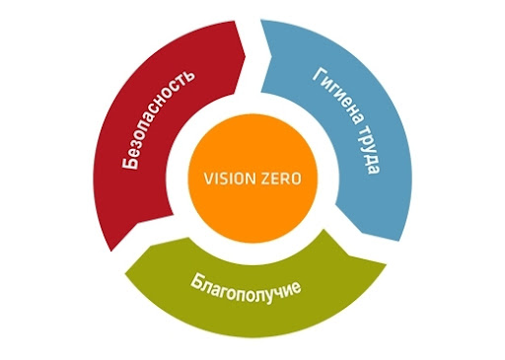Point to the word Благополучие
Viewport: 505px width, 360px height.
246,288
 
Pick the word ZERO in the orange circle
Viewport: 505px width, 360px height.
281,179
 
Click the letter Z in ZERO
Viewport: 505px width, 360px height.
265,179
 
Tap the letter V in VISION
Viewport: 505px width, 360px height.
208,179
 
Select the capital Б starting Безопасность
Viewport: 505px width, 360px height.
129,162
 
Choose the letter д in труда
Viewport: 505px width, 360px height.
371,159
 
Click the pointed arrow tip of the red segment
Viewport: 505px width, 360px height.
245,56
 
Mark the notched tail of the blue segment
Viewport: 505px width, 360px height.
270,56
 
